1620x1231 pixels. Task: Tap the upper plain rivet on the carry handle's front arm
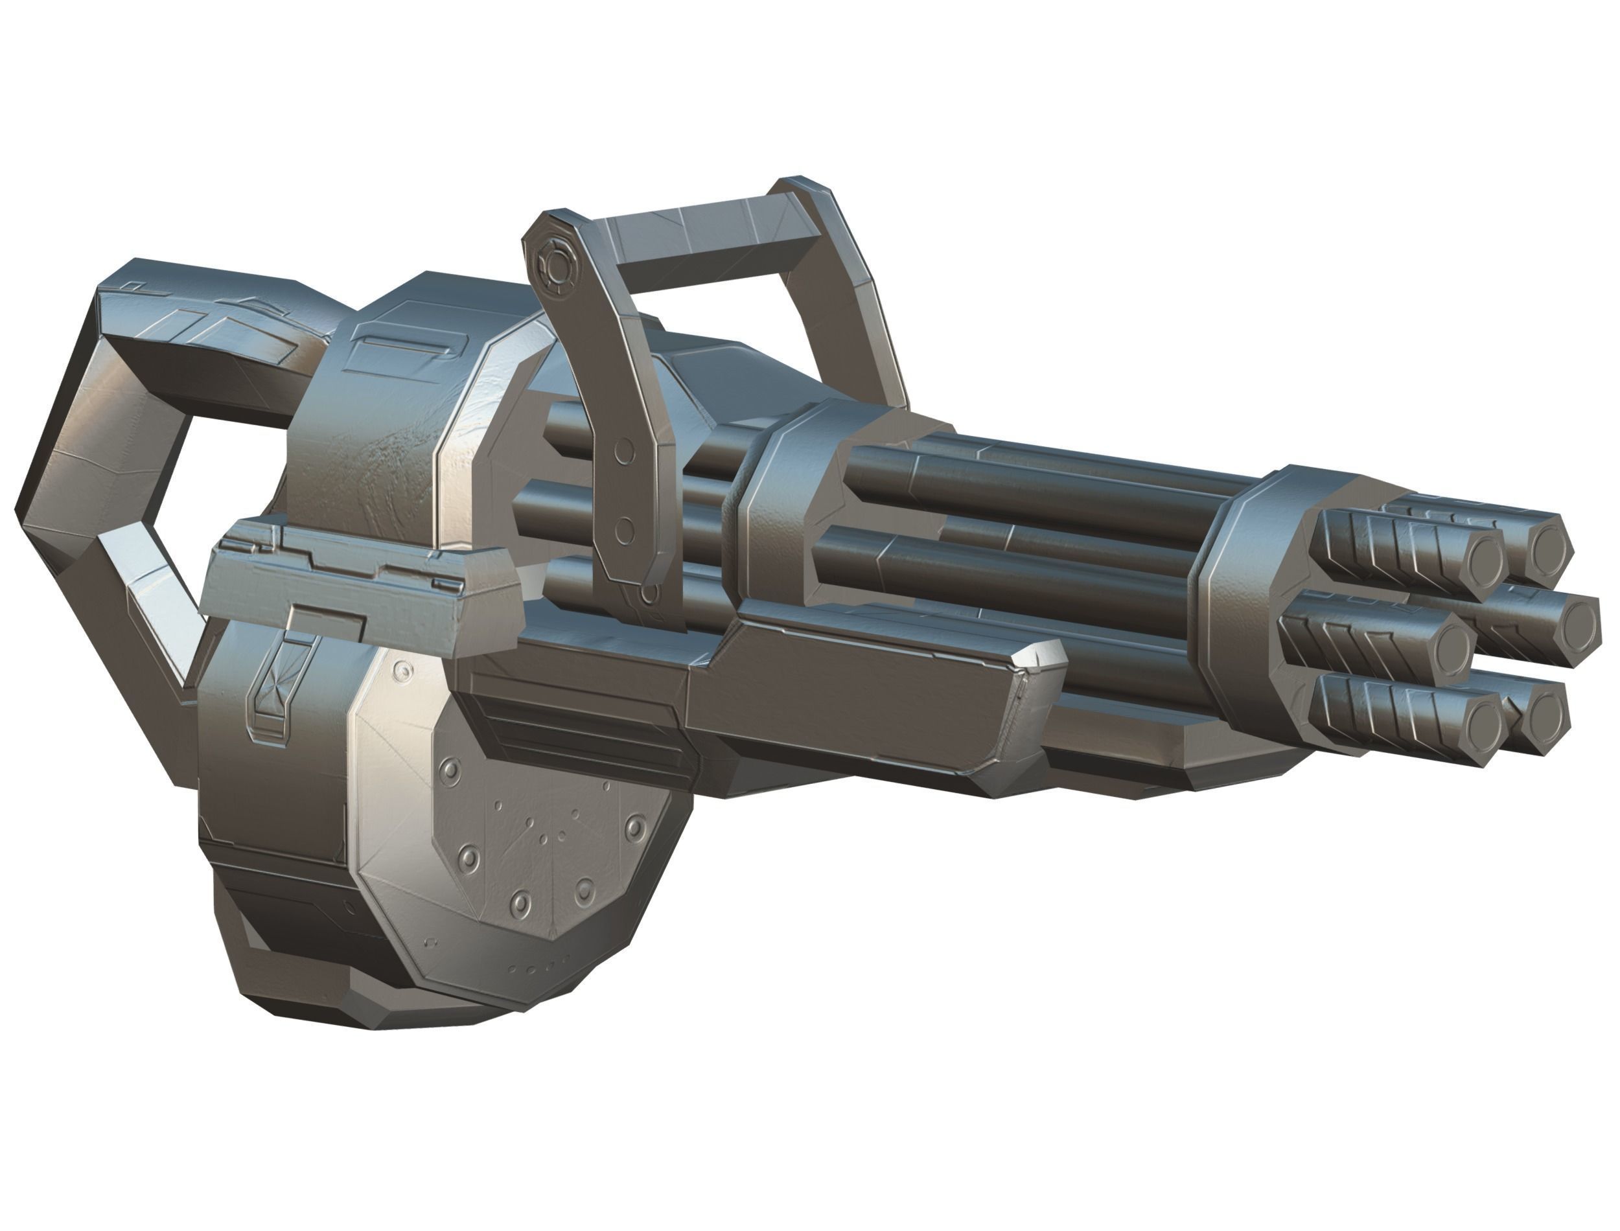pos(623,452)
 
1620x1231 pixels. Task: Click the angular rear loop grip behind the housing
pos(110,469)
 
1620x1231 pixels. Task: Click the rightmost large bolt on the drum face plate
pos(635,827)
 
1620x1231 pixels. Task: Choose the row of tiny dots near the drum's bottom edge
pos(538,967)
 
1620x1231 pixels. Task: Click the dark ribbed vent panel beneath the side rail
pos(579,726)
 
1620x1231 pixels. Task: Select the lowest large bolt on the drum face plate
pos(521,903)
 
